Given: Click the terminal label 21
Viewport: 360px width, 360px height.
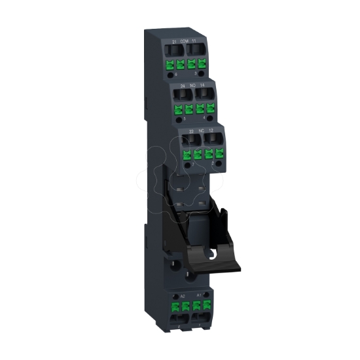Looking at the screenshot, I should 173,41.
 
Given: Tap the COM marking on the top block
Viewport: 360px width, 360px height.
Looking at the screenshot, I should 185,42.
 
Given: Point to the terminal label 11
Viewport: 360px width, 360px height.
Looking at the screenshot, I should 194,41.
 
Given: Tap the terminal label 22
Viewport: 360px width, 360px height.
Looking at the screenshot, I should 190,131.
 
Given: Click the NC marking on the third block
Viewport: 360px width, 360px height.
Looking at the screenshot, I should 202,131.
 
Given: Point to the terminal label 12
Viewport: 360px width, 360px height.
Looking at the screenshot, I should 211,131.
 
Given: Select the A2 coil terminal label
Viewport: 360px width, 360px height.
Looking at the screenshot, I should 173,296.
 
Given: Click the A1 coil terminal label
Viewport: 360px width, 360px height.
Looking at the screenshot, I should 199,296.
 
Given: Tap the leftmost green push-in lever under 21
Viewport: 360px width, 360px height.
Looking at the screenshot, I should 170,65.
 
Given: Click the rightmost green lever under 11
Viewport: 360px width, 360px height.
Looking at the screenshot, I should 200,65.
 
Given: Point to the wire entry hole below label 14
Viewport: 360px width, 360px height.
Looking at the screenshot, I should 205,96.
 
